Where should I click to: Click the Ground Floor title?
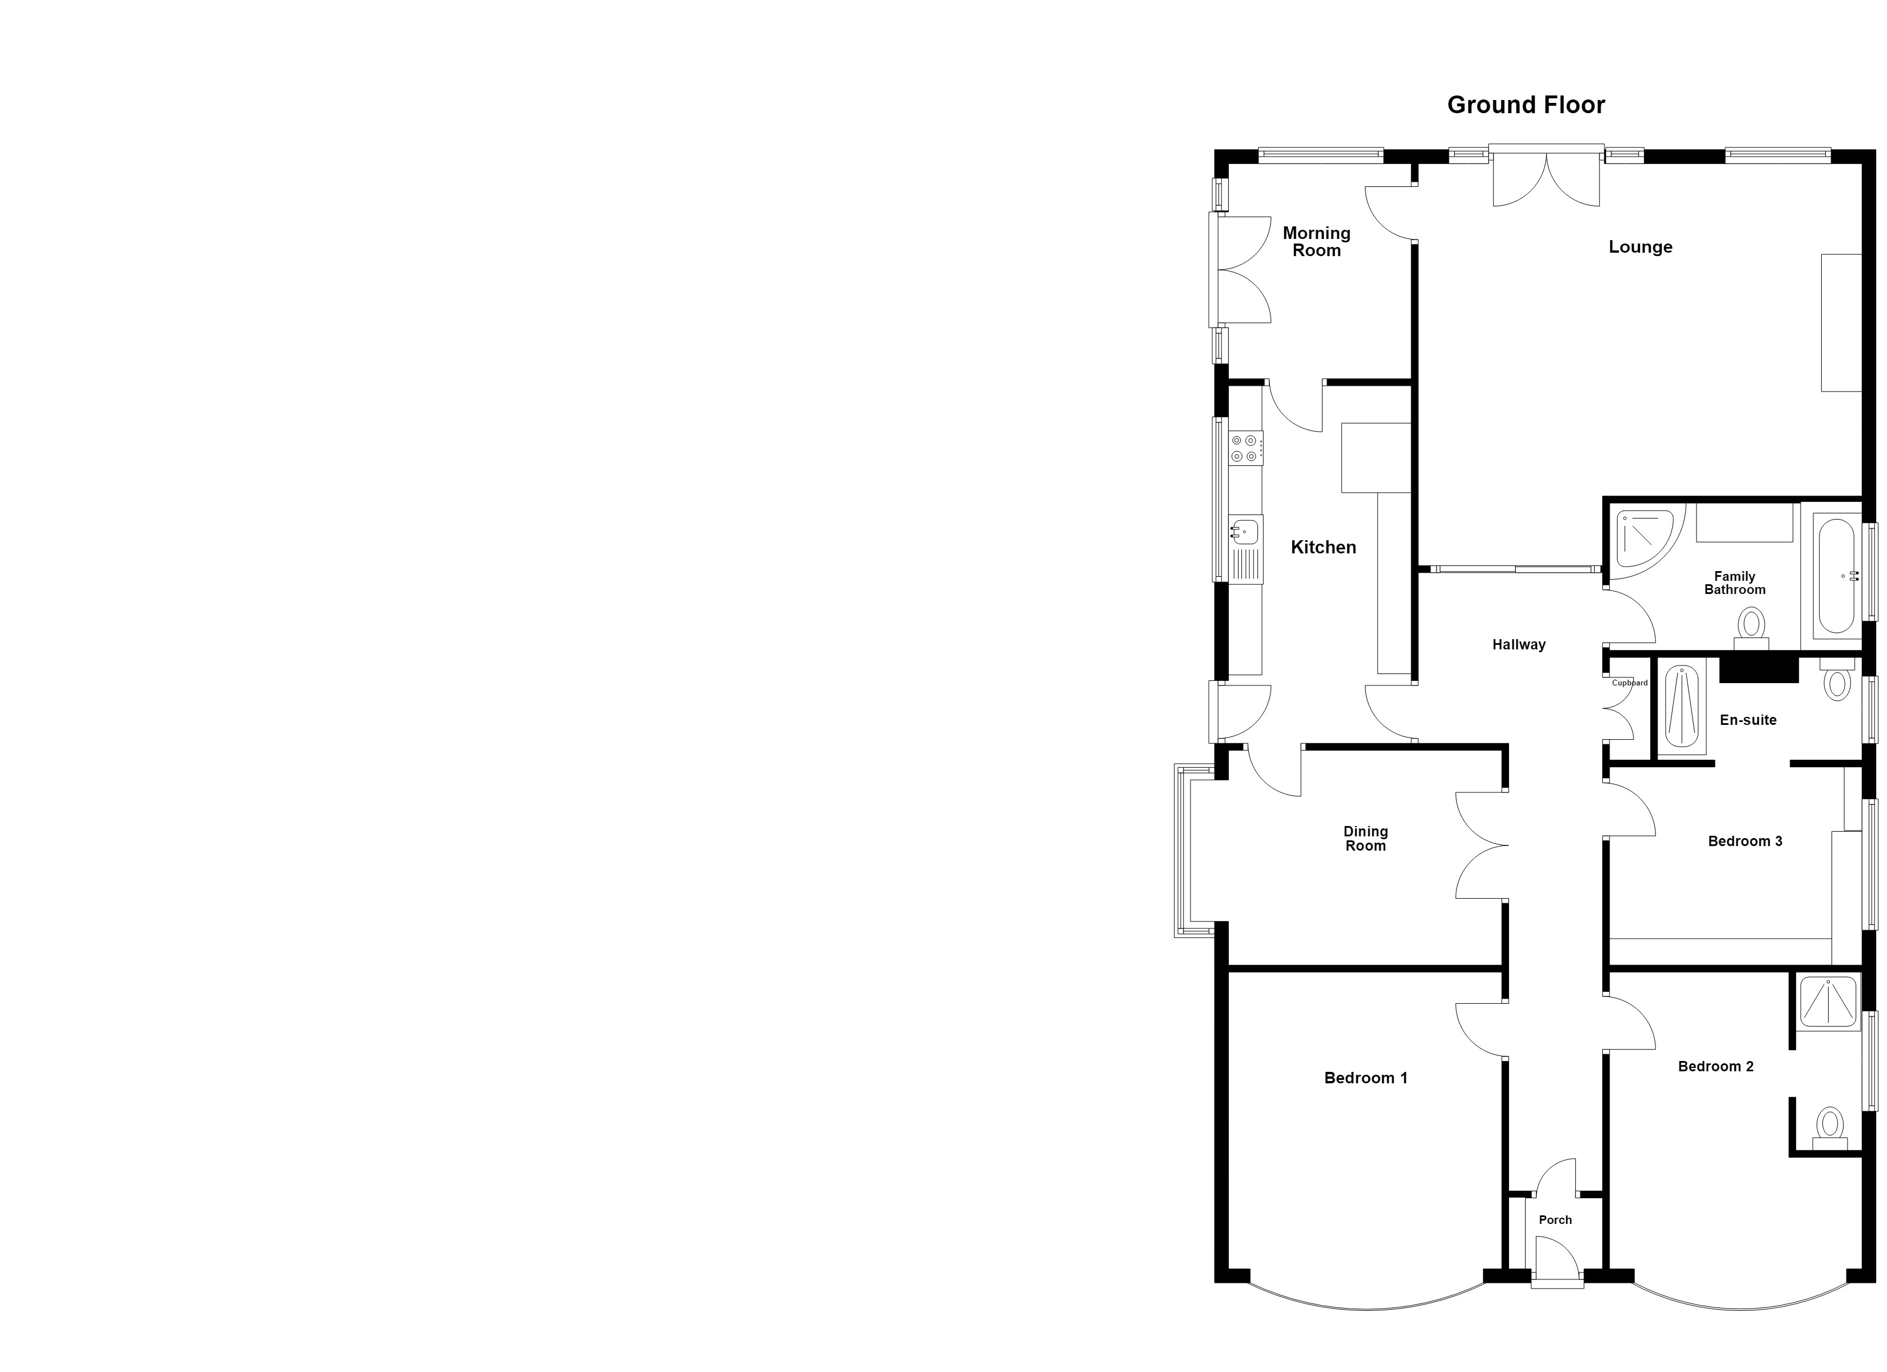tap(1526, 105)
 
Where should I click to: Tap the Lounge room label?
tap(1640, 247)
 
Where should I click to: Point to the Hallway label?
tap(1518, 645)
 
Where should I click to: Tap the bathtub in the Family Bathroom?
tap(1836, 576)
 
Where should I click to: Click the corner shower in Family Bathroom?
tap(1644, 539)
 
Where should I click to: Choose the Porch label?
tap(1555, 1221)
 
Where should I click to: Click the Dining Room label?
tap(1366, 839)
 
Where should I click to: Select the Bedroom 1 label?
tap(1366, 1078)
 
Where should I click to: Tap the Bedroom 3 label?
tap(1745, 841)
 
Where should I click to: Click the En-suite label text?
tap(1748, 720)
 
